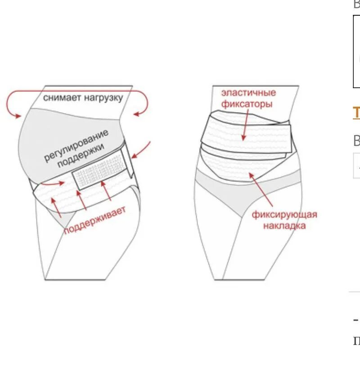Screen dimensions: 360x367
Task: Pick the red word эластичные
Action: [248, 93]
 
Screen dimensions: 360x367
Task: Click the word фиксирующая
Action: [284, 214]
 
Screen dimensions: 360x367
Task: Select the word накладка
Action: [285, 226]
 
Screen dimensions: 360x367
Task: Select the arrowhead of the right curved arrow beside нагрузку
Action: [136, 114]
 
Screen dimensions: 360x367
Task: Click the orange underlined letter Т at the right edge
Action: [356, 112]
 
